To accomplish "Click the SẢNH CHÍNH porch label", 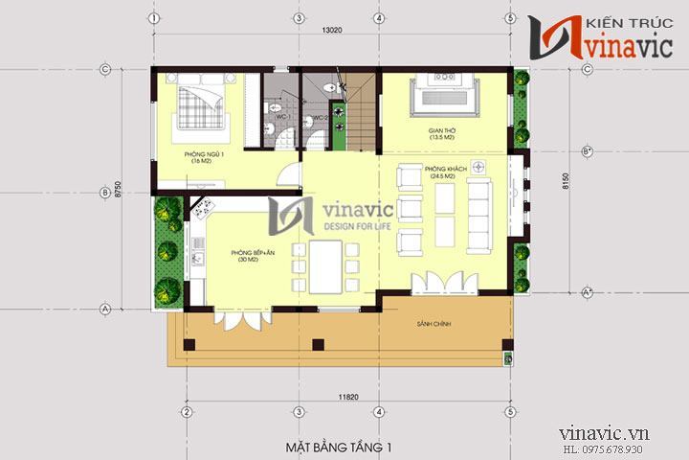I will (434, 325).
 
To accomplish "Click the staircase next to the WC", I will (358, 115).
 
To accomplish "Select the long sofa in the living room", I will (478, 213).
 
